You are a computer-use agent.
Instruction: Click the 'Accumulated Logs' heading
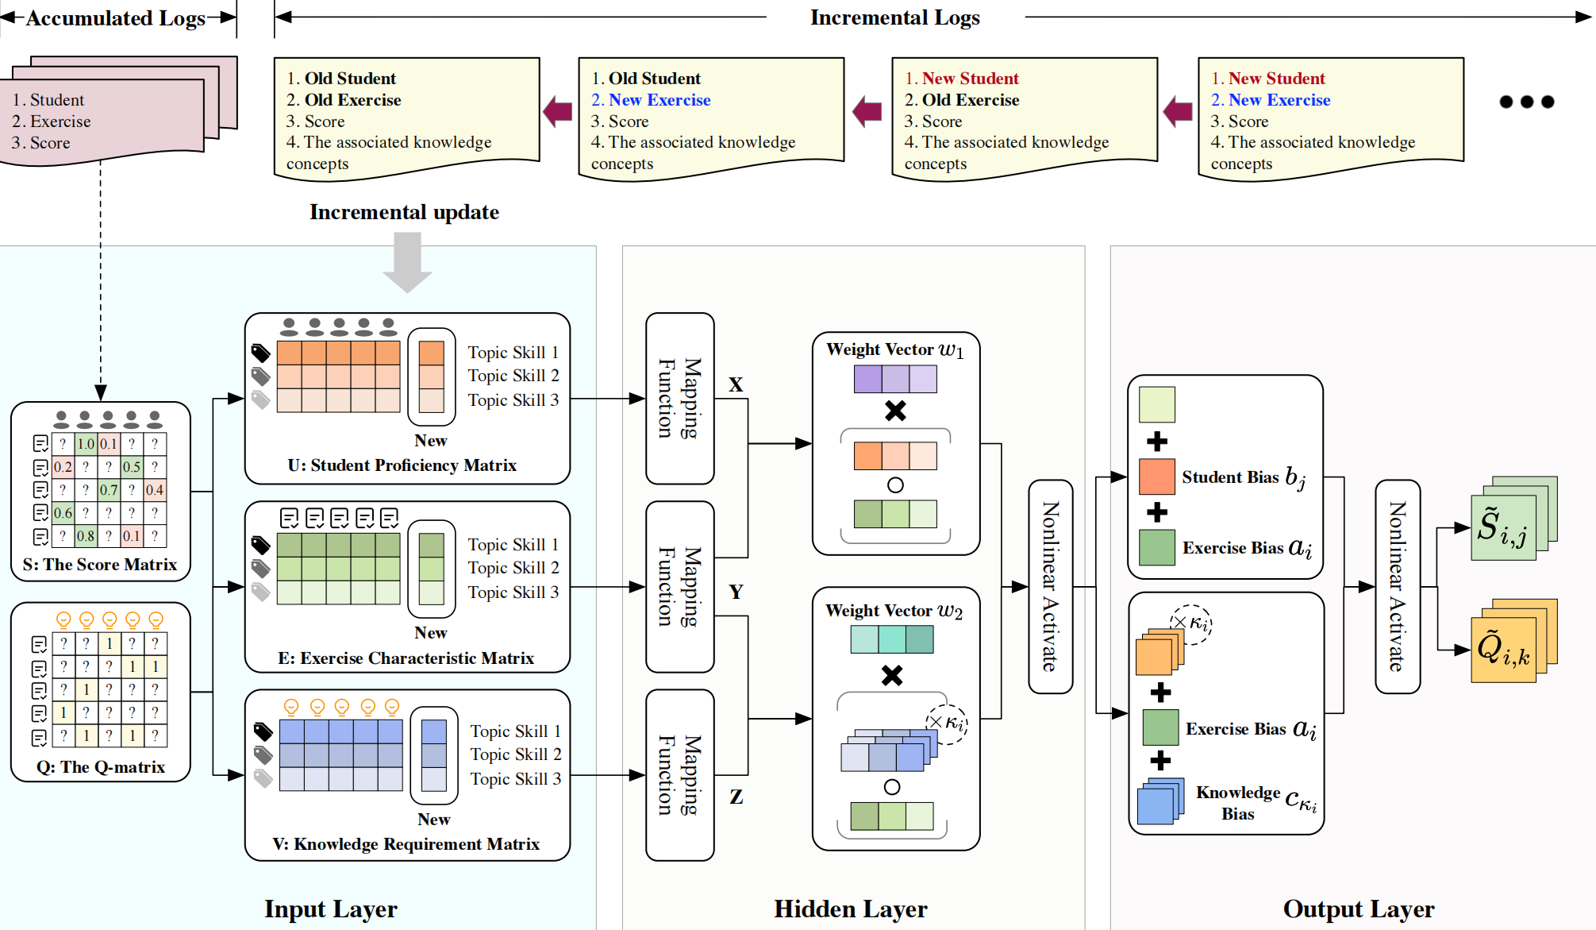tap(116, 18)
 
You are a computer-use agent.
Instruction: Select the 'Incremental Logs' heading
tap(894, 17)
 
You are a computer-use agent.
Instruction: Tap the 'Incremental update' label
tap(404, 212)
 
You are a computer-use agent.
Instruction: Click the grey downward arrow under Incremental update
tap(407, 261)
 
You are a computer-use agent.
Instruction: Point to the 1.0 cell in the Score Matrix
tap(86, 444)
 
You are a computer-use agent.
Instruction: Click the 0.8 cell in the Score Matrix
tap(86, 536)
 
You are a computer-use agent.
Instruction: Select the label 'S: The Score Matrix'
tap(100, 565)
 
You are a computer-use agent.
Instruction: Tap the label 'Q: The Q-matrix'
tap(101, 767)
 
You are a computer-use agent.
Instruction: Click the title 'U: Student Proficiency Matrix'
tap(402, 465)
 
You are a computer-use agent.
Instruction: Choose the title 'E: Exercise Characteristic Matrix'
tap(406, 658)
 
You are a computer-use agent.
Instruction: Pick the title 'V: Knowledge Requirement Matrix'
tap(406, 844)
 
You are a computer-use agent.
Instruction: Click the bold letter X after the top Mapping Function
tap(736, 385)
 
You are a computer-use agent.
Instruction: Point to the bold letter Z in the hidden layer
tap(736, 797)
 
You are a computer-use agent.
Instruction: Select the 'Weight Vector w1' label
tap(894, 349)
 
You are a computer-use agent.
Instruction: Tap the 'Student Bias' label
tap(1230, 477)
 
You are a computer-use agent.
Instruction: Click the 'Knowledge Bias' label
tap(1238, 803)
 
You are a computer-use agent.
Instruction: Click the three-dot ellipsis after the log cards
tap(1526, 102)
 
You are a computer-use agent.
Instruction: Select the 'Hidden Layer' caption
tap(850, 909)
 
